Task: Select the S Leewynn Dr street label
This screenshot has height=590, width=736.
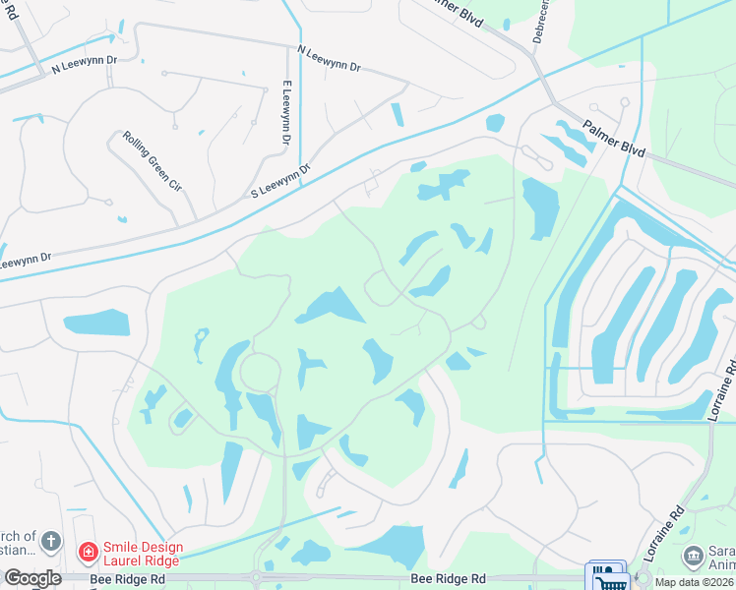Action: tap(280, 179)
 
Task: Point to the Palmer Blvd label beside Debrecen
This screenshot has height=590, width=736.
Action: tap(458, 11)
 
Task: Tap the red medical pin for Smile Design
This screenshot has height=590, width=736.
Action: tap(89, 552)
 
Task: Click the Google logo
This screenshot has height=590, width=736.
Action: tap(32, 578)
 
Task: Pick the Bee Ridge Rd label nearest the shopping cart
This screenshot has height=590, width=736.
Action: tap(449, 580)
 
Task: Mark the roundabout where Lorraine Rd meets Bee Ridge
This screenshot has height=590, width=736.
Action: tap(644, 578)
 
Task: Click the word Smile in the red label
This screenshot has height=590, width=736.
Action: tap(122, 547)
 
